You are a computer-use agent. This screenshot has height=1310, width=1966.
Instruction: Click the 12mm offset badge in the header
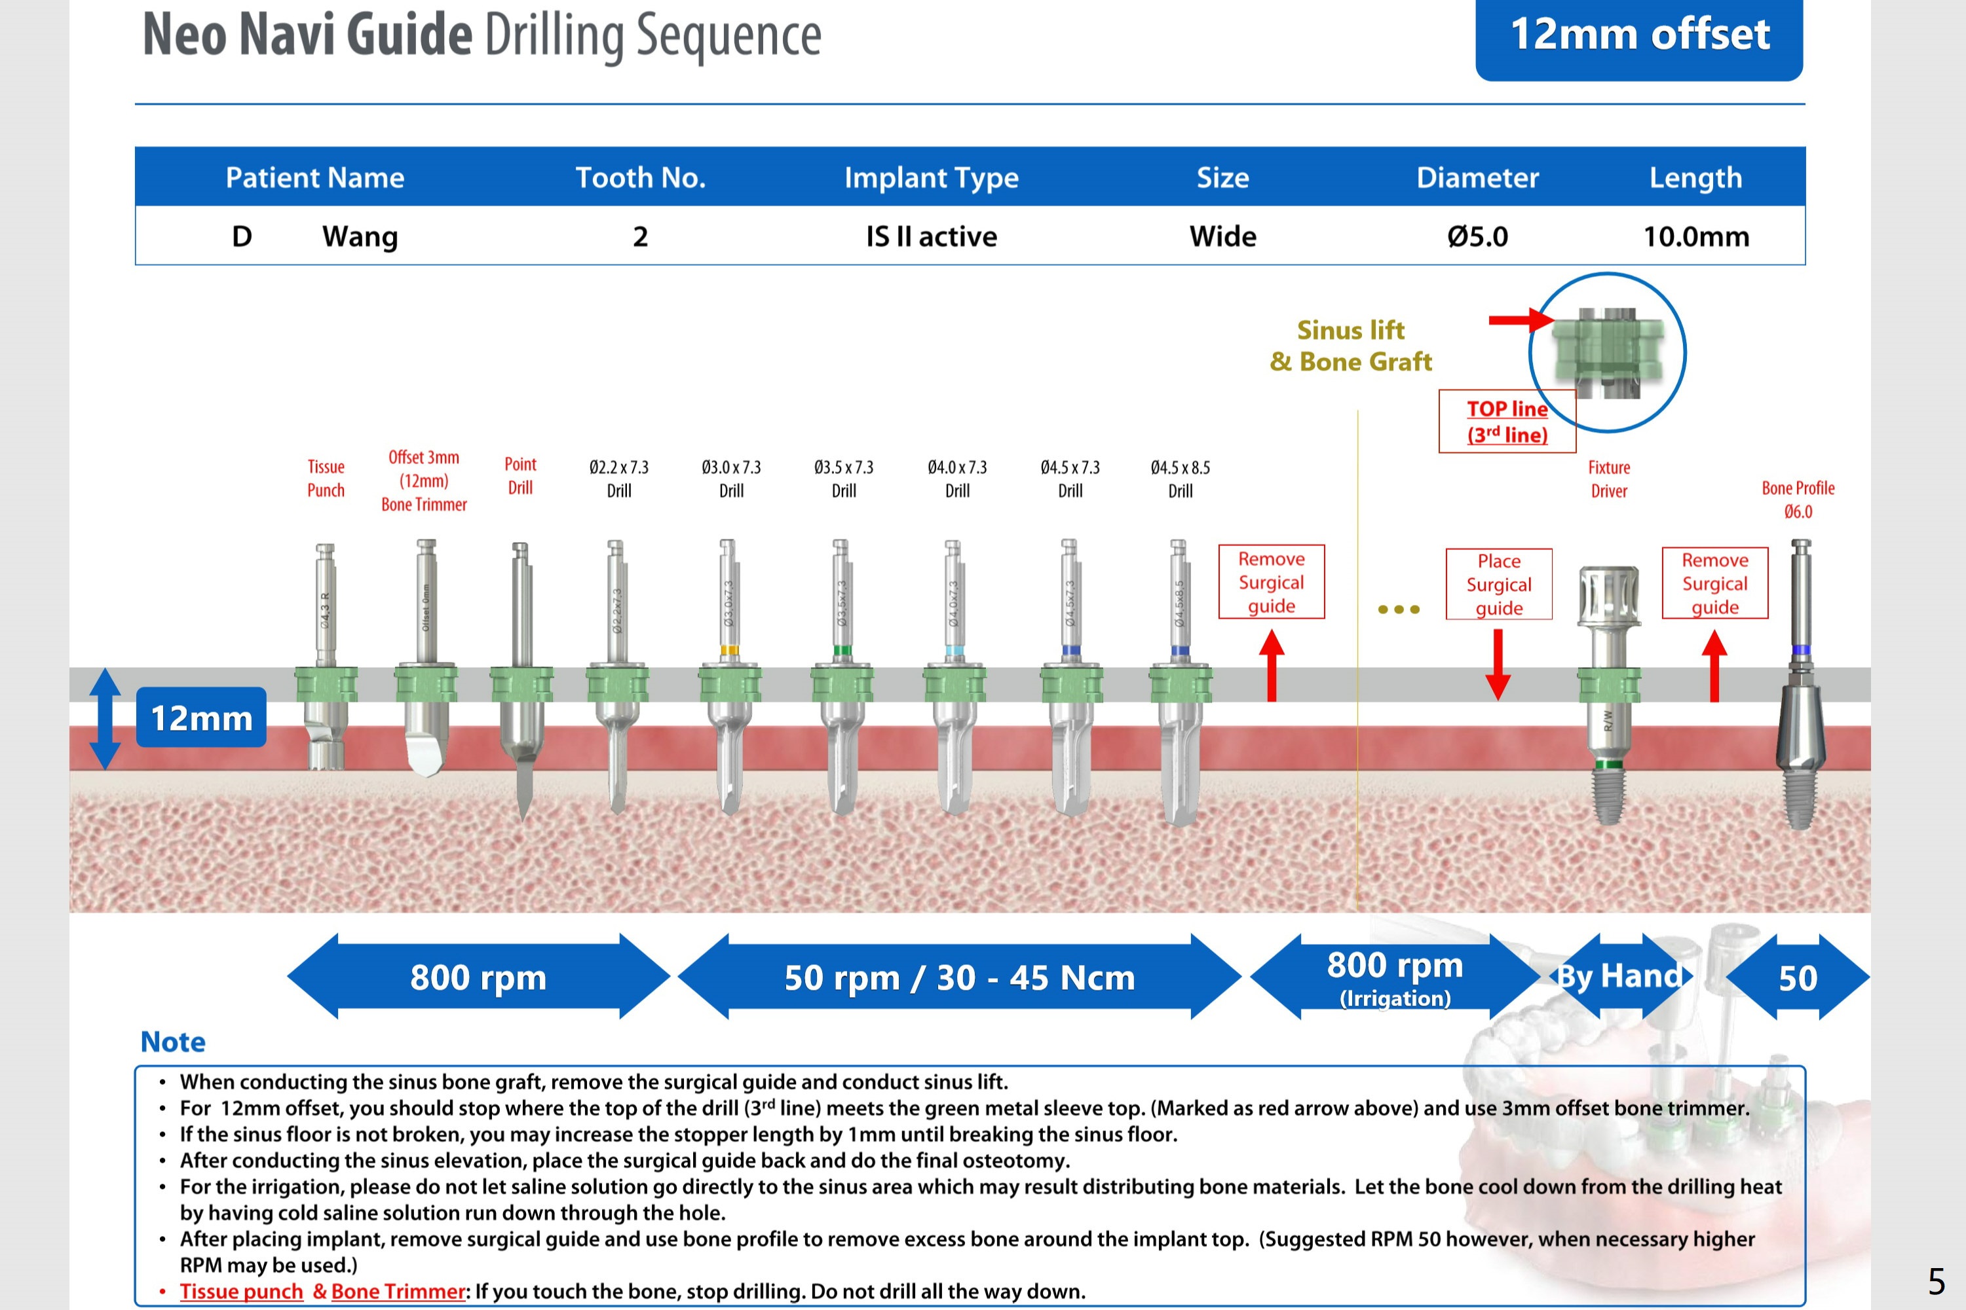(x=1638, y=35)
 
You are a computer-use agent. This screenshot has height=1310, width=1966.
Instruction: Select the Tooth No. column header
(x=640, y=177)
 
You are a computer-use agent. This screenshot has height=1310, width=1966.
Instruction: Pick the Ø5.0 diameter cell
(x=1477, y=236)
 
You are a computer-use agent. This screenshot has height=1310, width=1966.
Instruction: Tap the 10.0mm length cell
(x=1696, y=236)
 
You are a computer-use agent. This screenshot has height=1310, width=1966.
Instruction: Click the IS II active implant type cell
(x=931, y=236)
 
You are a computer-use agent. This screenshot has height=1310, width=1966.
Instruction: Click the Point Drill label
(x=520, y=475)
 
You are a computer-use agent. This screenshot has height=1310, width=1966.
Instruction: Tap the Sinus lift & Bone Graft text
(x=1350, y=345)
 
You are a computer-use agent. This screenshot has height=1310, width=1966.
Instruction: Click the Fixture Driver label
(x=1608, y=479)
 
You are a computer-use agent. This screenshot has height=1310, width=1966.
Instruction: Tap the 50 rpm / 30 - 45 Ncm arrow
(x=958, y=977)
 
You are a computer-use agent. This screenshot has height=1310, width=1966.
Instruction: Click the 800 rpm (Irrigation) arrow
(x=1394, y=977)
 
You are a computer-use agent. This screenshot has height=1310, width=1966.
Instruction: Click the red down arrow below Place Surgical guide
(x=1497, y=664)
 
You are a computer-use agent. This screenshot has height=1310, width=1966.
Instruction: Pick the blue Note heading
(x=172, y=1041)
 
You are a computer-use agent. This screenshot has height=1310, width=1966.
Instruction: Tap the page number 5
(x=1936, y=1280)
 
